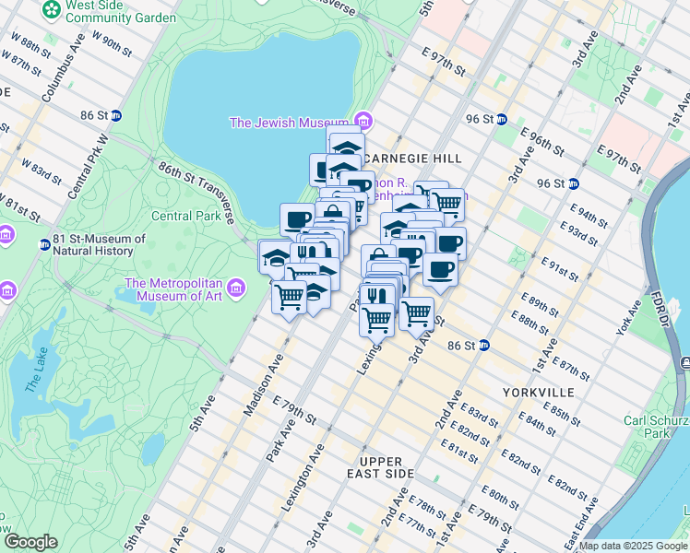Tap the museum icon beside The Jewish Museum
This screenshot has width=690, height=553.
click(364, 122)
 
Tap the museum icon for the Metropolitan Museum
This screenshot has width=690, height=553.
click(237, 289)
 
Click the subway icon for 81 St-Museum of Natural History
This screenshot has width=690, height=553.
click(44, 244)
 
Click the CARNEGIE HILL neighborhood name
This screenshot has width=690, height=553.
click(419, 159)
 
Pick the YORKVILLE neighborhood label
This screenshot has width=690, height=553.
click(539, 393)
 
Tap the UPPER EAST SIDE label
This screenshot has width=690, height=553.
click(387, 466)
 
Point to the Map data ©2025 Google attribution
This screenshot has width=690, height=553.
click(634, 546)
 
